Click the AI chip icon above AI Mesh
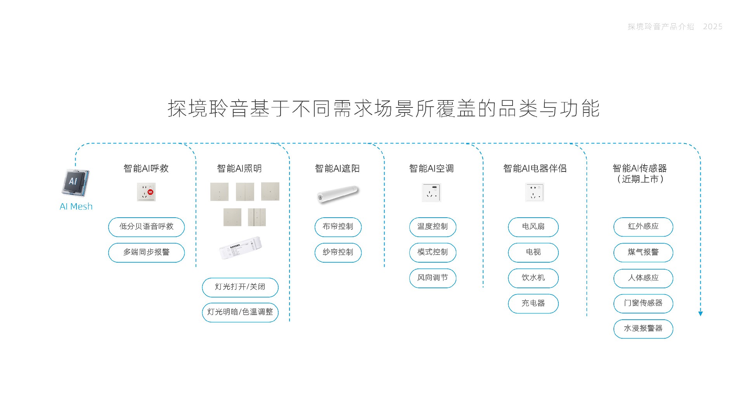coord(75,183)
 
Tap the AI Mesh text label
coord(76,206)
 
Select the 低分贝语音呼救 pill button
coord(146,227)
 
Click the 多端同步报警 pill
coord(146,253)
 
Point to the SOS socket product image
coord(146,192)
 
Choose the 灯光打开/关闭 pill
coord(240,287)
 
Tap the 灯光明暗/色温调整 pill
coord(240,312)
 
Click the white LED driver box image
coord(240,248)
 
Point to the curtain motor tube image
coord(338,194)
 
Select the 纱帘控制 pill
coord(338,253)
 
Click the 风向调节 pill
coord(432,278)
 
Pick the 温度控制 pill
coord(432,227)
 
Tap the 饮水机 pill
coord(533,278)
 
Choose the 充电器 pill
coord(533,303)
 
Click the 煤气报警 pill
coord(643,253)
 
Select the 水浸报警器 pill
coord(643,329)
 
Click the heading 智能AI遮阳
coord(337,168)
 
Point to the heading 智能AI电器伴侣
coord(535,168)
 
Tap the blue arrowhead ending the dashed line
coord(700,313)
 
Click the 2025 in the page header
coord(712,27)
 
